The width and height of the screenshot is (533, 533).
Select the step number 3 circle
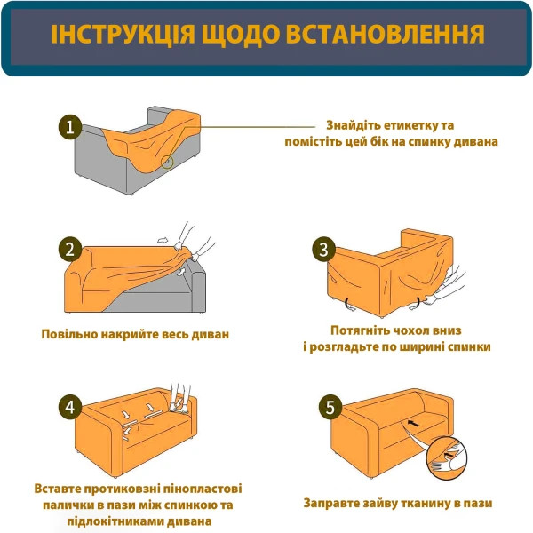(326, 250)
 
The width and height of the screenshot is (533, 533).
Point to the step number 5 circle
(330, 409)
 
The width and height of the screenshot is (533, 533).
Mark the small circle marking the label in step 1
(167, 162)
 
